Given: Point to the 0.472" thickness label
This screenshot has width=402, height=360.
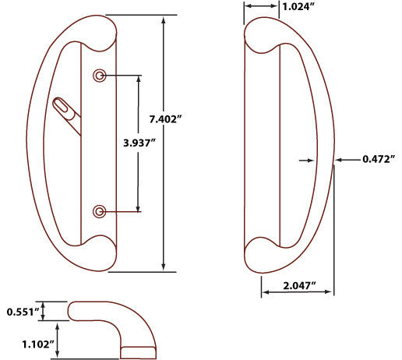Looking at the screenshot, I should [379, 159].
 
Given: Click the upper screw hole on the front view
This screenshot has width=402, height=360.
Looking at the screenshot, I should [99, 76].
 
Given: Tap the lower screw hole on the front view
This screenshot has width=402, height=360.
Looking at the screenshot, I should [99, 211].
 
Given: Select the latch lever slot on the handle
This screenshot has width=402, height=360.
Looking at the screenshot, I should [65, 108].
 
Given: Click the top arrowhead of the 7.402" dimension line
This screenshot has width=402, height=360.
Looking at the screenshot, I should [164, 19].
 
